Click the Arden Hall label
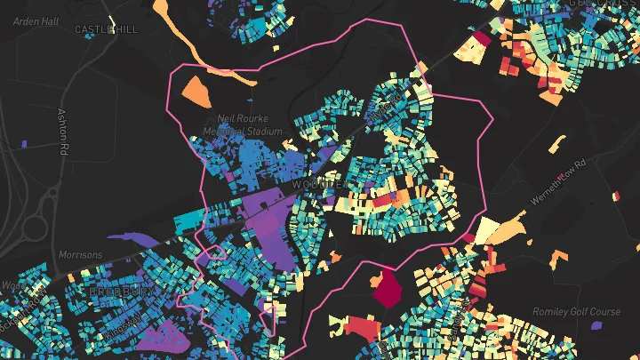click(35, 20)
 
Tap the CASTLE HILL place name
click(107, 29)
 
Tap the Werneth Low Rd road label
click(558, 181)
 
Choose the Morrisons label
click(80, 255)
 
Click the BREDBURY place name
click(124, 292)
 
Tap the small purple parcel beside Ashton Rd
click(24, 142)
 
